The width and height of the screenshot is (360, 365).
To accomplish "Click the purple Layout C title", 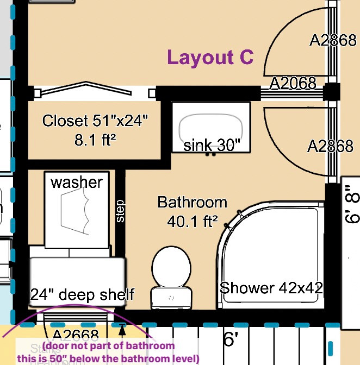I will pos(210,58).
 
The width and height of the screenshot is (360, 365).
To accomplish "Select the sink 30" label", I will pos(212,145).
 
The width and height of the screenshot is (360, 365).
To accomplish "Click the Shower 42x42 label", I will pos(271,287).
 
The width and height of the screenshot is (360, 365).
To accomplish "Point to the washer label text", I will pos(77,182).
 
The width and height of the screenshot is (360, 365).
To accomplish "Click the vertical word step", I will pos(120,211).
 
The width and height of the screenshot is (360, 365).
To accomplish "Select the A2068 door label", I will pos(293,83).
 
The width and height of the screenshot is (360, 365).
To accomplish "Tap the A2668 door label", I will pos(76,335).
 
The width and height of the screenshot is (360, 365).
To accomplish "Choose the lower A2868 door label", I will pos(330,146).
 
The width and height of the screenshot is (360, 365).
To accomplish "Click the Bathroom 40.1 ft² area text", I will pos(192,212).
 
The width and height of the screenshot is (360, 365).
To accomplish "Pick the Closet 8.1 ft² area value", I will pos(96,141).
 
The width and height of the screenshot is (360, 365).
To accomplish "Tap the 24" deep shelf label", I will pos(82,295).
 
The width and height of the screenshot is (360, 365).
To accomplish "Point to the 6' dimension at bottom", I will pos(231,340).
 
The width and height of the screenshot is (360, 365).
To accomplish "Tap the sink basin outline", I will pos(212,127).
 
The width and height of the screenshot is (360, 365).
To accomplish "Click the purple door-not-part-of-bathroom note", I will pos(120,353).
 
